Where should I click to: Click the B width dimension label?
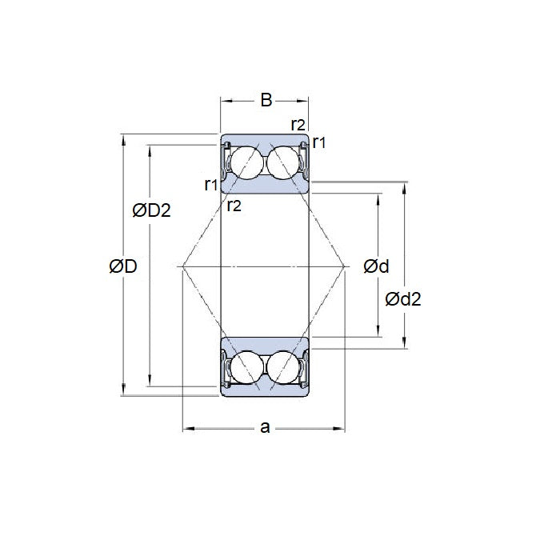click(266, 100)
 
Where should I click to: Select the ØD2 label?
click(151, 210)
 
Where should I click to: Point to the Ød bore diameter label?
click(376, 266)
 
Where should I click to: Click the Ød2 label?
click(403, 299)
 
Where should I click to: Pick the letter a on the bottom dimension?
click(265, 428)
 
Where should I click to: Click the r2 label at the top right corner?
click(298, 124)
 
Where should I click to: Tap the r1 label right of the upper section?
click(319, 142)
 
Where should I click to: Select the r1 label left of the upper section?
click(211, 185)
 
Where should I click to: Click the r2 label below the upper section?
click(234, 206)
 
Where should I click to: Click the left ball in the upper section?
click(245, 164)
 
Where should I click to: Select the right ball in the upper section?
click(284, 164)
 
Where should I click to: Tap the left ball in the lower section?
click(245, 366)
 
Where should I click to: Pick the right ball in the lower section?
click(284, 366)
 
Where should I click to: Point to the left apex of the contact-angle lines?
click(183, 265)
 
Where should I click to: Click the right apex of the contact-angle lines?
click(346, 265)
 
